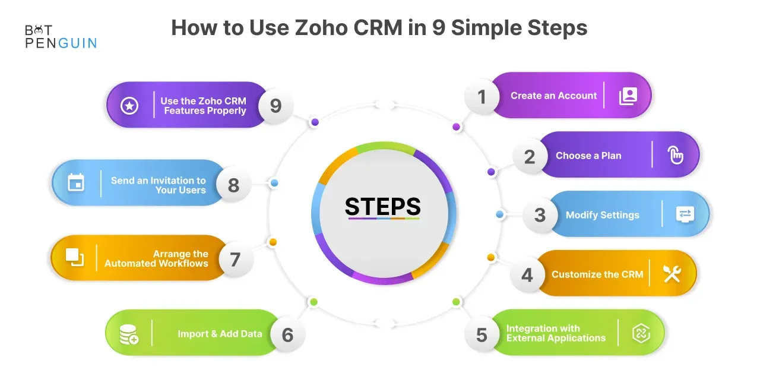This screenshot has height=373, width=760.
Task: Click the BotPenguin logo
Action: pyautogui.click(x=61, y=37)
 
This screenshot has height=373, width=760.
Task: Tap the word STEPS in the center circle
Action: pyautogui.click(x=383, y=206)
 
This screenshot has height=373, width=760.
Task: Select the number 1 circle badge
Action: pyautogui.click(x=482, y=97)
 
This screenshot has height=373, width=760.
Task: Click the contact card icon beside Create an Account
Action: pyautogui.click(x=628, y=96)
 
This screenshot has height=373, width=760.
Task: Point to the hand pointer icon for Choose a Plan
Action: pyautogui.click(x=675, y=155)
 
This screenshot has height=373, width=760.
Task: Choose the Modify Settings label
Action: pyautogui.click(x=602, y=215)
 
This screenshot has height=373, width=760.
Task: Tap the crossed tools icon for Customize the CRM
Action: pyautogui.click(x=672, y=274)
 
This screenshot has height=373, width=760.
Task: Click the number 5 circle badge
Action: pyautogui.click(x=482, y=335)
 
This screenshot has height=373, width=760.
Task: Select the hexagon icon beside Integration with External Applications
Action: pyautogui.click(x=641, y=333)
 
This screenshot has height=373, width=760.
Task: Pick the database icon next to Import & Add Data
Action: pyautogui.click(x=129, y=334)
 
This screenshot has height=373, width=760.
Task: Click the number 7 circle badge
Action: pyautogui.click(x=236, y=260)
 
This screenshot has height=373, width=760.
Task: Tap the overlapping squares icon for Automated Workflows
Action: pyautogui.click(x=75, y=258)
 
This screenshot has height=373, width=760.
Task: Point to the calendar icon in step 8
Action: pyautogui.click(x=76, y=182)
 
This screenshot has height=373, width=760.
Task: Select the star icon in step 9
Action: pyautogui.click(x=129, y=106)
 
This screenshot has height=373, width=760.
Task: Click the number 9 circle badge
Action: pyautogui.click(x=275, y=106)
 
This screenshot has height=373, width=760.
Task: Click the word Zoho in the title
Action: pyautogui.click(x=321, y=27)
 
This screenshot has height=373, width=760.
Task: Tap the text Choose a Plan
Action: pyautogui.click(x=588, y=156)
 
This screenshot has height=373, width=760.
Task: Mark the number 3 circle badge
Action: pyautogui.click(x=540, y=215)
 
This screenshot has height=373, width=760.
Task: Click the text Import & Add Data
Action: pyautogui.click(x=220, y=334)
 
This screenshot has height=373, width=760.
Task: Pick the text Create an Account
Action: pyautogui.click(x=554, y=96)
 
